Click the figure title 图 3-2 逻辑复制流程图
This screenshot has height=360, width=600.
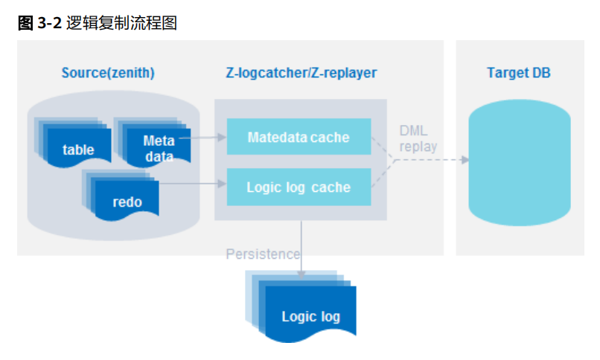click(98, 23)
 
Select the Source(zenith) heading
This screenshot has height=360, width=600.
click(108, 73)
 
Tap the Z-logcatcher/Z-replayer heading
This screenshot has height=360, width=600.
click(301, 73)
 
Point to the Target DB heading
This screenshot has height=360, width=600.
click(519, 73)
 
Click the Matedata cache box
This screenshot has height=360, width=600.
click(299, 137)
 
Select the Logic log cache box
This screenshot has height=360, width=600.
click(299, 187)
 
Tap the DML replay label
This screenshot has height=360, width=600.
click(418, 139)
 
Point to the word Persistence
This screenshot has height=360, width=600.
click(263, 254)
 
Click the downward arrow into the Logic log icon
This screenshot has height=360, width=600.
click(301, 249)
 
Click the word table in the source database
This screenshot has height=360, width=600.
click(78, 150)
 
